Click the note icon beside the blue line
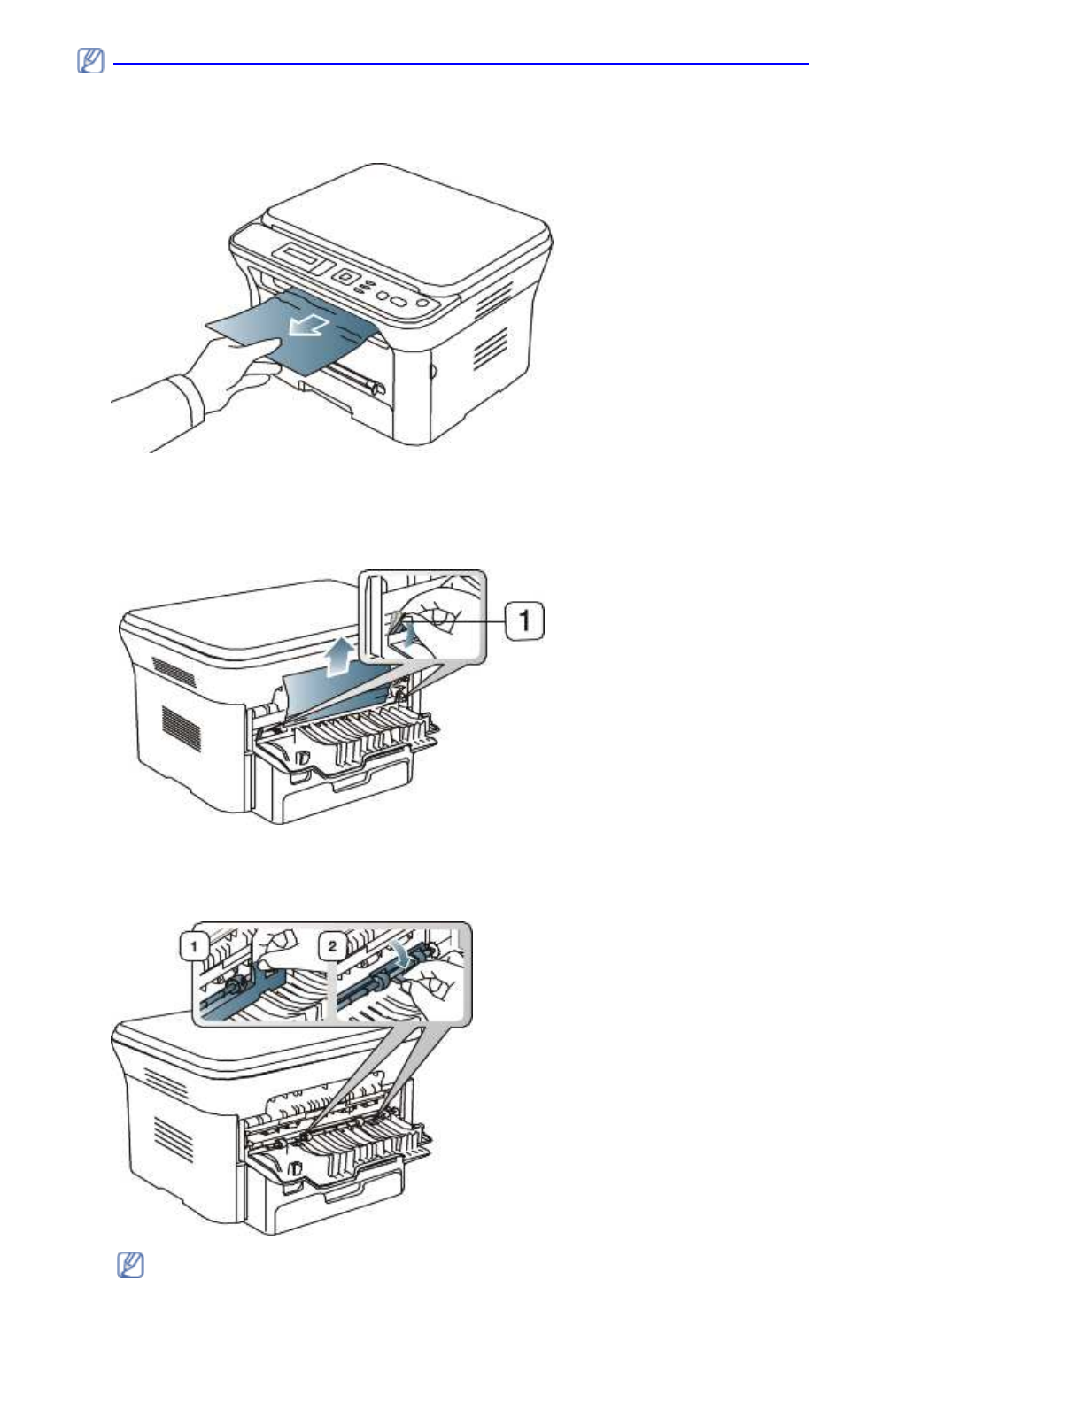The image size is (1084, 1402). click(90, 61)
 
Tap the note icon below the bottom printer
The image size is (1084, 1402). click(130, 1265)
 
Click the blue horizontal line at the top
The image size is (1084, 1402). click(461, 64)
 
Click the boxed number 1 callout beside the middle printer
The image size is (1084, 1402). click(524, 620)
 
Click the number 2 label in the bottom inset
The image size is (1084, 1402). click(332, 946)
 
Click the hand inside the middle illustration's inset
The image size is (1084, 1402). click(438, 611)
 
